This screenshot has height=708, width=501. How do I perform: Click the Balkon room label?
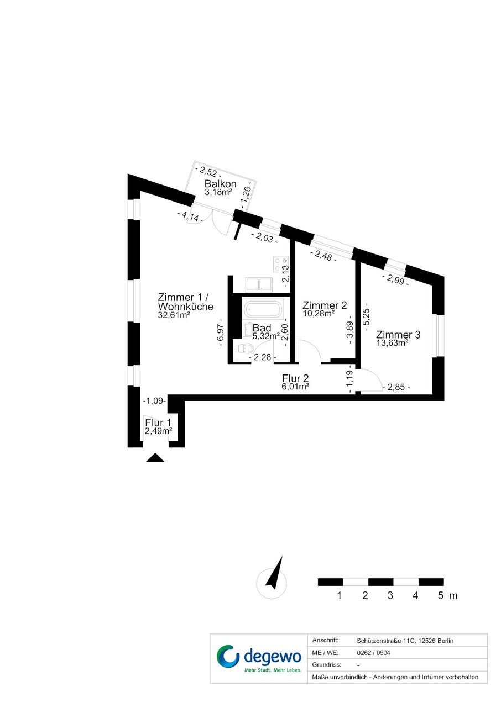coord(220,184)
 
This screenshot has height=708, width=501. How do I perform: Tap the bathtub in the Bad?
coord(263,309)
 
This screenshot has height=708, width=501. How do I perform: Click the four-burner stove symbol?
coord(281,264)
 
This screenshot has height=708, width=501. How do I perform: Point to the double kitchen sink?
coord(259,284)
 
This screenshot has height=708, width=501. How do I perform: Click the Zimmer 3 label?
coord(398,335)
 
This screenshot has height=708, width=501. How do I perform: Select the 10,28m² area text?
coord(319,313)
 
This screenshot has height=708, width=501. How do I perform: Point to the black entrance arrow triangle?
coord(155,458)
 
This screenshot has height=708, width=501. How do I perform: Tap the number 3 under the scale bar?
coord(390,595)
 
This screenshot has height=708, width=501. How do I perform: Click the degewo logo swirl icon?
coord(228,657)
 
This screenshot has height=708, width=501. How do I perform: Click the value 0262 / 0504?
coord(373,653)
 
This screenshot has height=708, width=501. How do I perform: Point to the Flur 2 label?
coord(295,378)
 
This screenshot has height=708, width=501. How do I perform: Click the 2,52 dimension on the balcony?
coord(208,172)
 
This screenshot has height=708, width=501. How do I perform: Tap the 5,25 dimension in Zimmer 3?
coord(368,320)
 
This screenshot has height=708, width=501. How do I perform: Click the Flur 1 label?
coord(158,422)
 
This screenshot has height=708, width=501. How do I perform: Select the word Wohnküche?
coord(186,307)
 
